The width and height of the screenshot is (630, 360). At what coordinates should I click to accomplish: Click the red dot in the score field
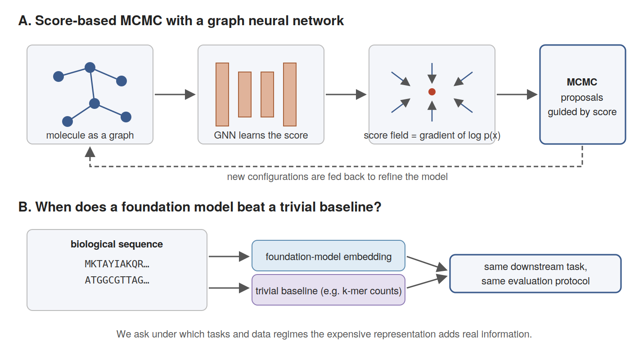(432, 92)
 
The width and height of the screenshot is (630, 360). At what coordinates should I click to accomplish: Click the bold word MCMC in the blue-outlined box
(581, 82)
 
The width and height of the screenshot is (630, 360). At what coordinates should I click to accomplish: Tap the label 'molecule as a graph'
(90, 135)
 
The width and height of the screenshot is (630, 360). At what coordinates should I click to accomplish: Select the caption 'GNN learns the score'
(261, 135)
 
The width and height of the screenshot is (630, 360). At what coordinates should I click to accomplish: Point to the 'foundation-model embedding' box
(328, 256)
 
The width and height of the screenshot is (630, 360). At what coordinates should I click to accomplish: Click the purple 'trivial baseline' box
(328, 290)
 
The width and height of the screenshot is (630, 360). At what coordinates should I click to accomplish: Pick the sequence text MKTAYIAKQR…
(117, 264)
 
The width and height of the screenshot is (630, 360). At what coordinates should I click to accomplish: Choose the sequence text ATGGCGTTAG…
(117, 280)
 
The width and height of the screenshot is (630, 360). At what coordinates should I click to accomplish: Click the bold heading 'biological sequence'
(117, 244)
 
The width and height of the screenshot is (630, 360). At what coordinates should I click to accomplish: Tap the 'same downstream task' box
(535, 274)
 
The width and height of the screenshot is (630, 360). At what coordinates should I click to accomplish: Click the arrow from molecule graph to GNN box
(175, 94)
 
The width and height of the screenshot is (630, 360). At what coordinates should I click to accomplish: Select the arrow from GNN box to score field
(346, 94)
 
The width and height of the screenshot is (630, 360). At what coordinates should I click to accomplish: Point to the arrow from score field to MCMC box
(517, 94)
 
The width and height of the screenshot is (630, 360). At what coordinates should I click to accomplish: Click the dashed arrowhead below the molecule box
(90, 152)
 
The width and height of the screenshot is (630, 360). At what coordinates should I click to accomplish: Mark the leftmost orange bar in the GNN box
(222, 94)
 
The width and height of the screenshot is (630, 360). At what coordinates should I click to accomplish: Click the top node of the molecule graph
(90, 67)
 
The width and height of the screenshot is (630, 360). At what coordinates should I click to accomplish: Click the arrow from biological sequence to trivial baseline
(229, 288)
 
